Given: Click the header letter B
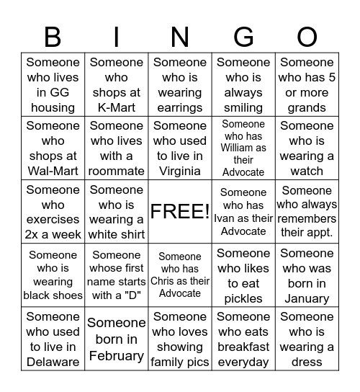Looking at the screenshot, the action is click(x=53, y=36).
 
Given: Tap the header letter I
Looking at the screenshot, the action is click(x=117, y=36).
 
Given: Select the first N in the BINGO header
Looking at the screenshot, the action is click(x=180, y=36).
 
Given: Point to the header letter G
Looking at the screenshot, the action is click(x=243, y=36).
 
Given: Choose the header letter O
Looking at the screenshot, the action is click(x=307, y=36).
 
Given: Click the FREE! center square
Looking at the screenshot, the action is click(x=180, y=212).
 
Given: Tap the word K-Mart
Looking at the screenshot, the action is click(x=117, y=107).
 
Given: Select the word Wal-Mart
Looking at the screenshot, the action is click(x=53, y=171).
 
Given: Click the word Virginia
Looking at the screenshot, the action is click(x=180, y=171).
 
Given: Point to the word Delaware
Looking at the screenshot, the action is click(x=53, y=362).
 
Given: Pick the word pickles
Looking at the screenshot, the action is click(x=243, y=298).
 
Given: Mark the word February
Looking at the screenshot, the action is click(x=117, y=355).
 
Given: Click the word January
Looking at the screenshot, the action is click(x=307, y=298).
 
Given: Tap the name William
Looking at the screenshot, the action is click(x=243, y=148).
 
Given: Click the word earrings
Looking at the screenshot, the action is click(x=180, y=107).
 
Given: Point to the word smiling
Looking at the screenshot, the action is click(x=243, y=107).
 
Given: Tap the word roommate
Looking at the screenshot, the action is click(x=117, y=171).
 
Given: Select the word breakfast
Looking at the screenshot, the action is click(x=243, y=347).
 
